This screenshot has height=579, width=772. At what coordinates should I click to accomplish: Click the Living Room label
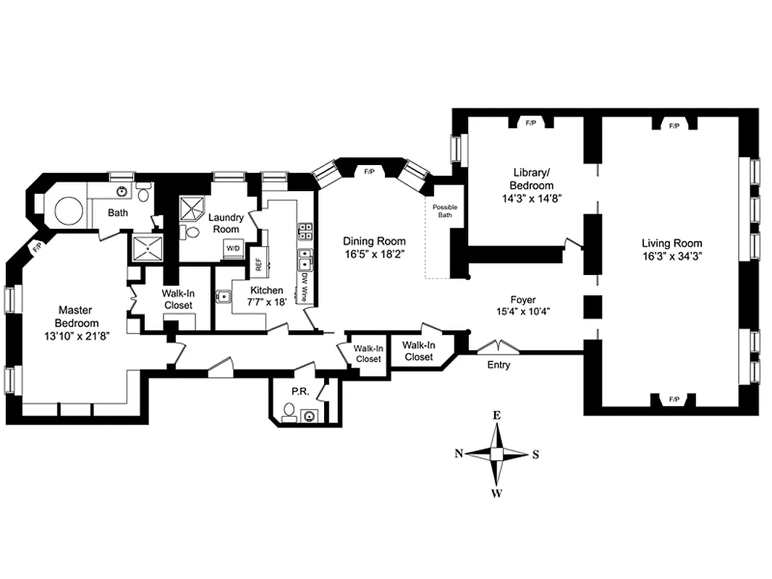[671, 243]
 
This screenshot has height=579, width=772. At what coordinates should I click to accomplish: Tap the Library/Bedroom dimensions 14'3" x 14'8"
[533, 197]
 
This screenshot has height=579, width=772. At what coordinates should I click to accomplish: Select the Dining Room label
[374, 241]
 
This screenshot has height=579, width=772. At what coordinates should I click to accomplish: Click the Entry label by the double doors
[498, 365]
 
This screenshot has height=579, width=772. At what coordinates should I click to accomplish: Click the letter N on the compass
[459, 454]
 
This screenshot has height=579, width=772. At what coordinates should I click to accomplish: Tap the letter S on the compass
[535, 455]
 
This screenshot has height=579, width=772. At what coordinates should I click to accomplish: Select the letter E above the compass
[497, 415]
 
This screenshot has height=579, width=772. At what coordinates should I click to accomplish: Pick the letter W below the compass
[497, 494]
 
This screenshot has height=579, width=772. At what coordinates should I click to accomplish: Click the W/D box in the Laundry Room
[233, 248]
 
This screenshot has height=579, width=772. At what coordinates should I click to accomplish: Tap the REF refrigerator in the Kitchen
[258, 264]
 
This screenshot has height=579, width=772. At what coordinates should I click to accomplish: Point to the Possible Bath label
[445, 211]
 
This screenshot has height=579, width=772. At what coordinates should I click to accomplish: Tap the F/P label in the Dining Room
[369, 172]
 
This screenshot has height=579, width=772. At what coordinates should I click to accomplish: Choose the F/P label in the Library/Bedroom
[530, 124]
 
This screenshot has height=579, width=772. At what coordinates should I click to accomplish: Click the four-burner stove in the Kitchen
[305, 231]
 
